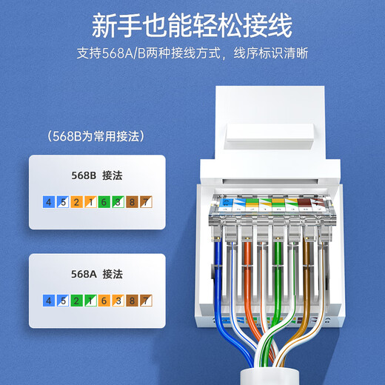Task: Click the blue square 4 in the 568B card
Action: point(49,202)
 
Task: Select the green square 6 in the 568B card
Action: point(104,202)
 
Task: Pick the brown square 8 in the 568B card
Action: point(132,202)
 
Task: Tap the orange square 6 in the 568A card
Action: point(104,301)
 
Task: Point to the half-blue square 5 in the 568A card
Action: point(62,301)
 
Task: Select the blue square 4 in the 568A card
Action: point(49,301)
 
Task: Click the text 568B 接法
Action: point(96,176)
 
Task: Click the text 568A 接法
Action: point(96,275)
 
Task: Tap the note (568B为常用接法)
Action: point(94,136)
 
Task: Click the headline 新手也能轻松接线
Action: point(192,24)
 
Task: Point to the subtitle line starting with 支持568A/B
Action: point(192,54)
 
